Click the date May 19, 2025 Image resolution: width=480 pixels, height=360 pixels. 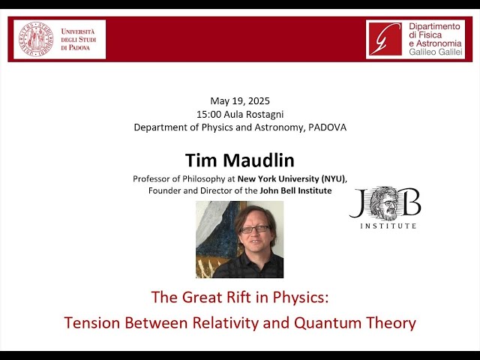click(240, 101)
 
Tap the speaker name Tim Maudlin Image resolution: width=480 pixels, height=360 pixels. click(240, 160)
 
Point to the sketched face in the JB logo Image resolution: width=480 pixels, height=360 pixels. click(385, 203)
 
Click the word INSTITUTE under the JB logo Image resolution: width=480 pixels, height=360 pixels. click(388, 225)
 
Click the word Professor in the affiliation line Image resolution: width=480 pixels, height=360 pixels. click(154, 178)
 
